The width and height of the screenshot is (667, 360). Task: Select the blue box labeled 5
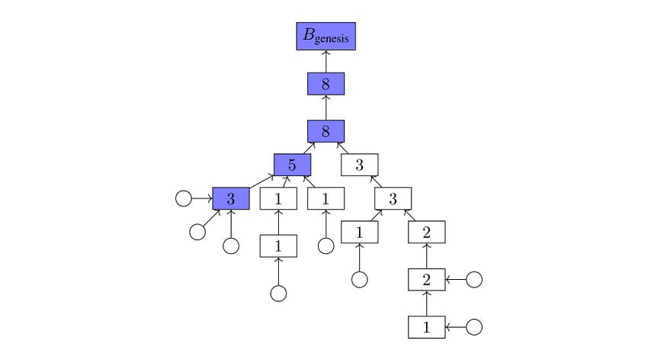tap(293, 164)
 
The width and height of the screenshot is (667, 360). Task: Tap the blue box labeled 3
tap(230, 198)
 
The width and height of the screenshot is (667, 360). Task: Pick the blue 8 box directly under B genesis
tap(326, 83)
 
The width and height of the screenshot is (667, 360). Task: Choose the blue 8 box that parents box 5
tap(326, 131)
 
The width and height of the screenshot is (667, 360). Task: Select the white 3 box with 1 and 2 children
tap(393, 198)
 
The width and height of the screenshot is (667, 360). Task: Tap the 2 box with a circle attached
tap(426, 279)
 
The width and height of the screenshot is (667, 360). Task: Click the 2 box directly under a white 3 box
tap(426, 232)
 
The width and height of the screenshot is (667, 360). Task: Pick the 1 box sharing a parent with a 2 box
tap(359, 232)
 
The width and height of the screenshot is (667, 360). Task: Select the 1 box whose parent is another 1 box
tap(278, 246)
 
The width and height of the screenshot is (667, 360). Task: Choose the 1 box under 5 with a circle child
tap(326, 198)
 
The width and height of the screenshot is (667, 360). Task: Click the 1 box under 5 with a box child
tap(278, 198)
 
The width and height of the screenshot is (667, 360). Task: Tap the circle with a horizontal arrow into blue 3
tap(183, 198)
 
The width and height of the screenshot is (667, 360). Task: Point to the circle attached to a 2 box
tap(474, 279)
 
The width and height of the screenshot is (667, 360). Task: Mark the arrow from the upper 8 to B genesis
tap(326, 61)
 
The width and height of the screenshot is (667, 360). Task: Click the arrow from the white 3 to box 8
tap(344, 148)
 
